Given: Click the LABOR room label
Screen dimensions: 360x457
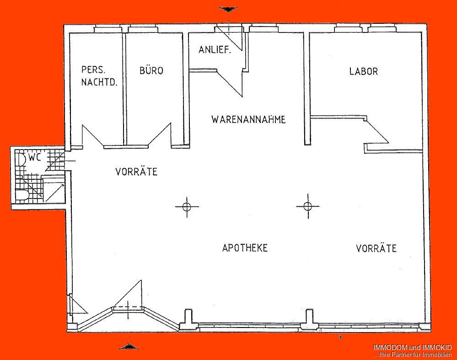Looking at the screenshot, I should pos(364,71).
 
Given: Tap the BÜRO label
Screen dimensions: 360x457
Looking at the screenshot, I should pos(151,71).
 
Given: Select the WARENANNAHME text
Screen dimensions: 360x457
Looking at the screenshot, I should pos(248,120).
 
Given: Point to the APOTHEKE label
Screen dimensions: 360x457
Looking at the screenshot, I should pos(245,248).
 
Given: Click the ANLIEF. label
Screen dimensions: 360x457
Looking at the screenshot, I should pos(215,50).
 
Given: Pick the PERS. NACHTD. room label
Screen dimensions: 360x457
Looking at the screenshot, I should pos(99,76).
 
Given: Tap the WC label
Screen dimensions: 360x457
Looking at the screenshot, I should pos(35,158).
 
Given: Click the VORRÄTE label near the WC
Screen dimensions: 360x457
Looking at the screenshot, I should pos(136,172).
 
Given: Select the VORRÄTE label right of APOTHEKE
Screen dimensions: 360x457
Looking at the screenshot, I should pos(376,248).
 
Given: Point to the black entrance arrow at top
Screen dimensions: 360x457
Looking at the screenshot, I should pos(227,9).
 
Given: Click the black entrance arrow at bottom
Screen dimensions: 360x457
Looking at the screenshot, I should pos(129,346).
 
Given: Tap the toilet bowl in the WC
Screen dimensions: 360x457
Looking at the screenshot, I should pos(22,195).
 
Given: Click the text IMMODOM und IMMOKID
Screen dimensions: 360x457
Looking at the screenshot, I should pos(412,348).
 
